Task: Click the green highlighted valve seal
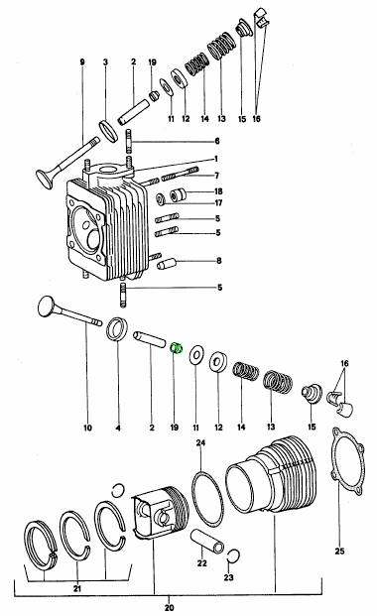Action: pyautogui.click(x=176, y=348)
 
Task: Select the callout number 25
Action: pyautogui.click(x=339, y=552)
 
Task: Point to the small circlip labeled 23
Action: pyautogui.click(x=233, y=554)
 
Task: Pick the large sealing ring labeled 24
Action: pyautogui.click(x=208, y=499)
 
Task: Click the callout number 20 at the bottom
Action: pyautogui.click(x=169, y=608)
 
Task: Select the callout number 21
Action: pyautogui.click(x=77, y=588)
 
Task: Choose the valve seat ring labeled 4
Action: pyautogui.click(x=118, y=328)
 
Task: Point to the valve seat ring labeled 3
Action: pyautogui.click(x=109, y=131)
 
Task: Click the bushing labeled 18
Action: pyautogui.click(x=178, y=195)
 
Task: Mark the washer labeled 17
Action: pyautogui.click(x=161, y=199)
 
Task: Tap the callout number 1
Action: pyautogui.click(x=216, y=159)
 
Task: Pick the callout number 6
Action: pyautogui.click(x=217, y=141)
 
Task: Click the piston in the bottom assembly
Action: pyautogui.click(x=161, y=513)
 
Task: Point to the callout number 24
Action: pyautogui.click(x=200, y=442)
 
